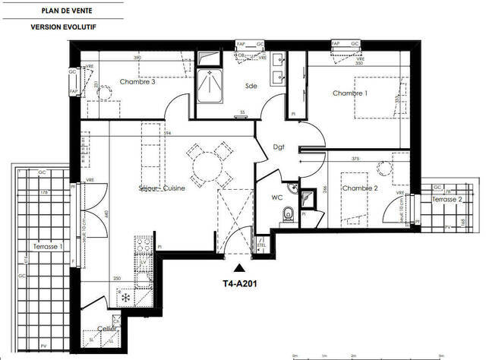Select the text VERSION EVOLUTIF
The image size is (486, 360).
click(63, 27)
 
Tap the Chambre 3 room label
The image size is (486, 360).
click(137, 82)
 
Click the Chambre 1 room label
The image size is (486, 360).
click(350, 93)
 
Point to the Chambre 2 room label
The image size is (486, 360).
click(359, 188)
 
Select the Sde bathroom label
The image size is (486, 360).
click(251, 86)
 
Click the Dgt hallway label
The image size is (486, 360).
click(279, 148)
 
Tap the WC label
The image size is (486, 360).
click(277, 199)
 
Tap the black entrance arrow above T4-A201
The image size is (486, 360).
click(241, 267)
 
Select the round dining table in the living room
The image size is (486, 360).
click(210, 165)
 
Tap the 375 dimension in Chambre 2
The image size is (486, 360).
click(355, 159)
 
